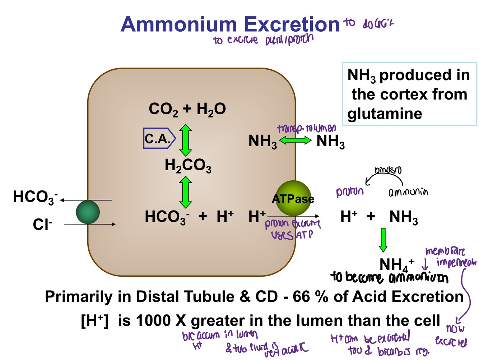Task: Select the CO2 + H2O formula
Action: tap(187, 109)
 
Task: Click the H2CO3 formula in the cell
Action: tap(188, 166)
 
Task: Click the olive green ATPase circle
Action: tap(293, 198)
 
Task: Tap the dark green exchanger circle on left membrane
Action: tap(88, 212)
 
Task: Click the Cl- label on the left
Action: tap(42, 225)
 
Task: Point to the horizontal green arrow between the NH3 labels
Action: tap(295, 140)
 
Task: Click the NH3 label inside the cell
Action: tap(262, 141)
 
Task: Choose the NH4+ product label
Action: tap(396, 265)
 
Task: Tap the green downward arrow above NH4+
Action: tap(383, 240)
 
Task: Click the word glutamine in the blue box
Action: tap(385, 114)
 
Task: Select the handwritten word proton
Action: tap(349, 191)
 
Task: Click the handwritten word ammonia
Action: tap(408, 192)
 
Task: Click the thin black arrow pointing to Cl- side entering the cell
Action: tap(90, 224)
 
